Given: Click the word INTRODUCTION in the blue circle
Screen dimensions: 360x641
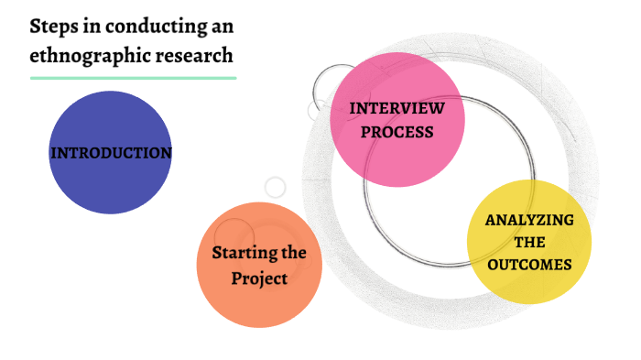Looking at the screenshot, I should coord(111,153).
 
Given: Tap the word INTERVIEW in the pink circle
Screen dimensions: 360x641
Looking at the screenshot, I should coord(397,108).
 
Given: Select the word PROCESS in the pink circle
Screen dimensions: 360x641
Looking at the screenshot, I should coord(397,132).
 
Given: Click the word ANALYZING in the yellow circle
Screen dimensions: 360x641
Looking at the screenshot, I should coord(529,220).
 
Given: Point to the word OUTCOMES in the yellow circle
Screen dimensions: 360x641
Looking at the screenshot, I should coord(529,265).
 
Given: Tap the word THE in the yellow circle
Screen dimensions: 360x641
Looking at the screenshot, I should coord(529,243).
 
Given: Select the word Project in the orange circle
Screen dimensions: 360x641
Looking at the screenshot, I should coord(259,278).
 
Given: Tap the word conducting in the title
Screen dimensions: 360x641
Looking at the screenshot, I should coord(150,25).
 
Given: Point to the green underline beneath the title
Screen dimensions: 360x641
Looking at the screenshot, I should coord(133,78).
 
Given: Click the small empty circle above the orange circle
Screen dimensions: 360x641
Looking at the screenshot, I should coord(275,187).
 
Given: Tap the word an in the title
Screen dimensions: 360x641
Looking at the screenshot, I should coord(220,25).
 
